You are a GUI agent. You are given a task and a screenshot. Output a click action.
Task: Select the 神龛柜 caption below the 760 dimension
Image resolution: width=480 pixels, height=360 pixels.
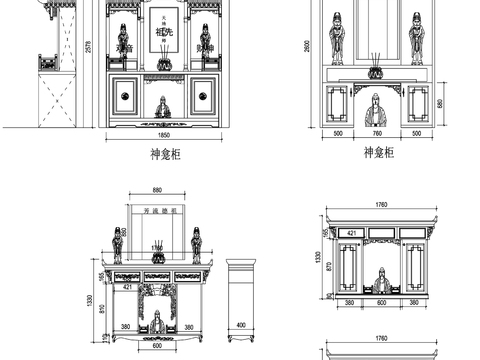click(377, 152)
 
